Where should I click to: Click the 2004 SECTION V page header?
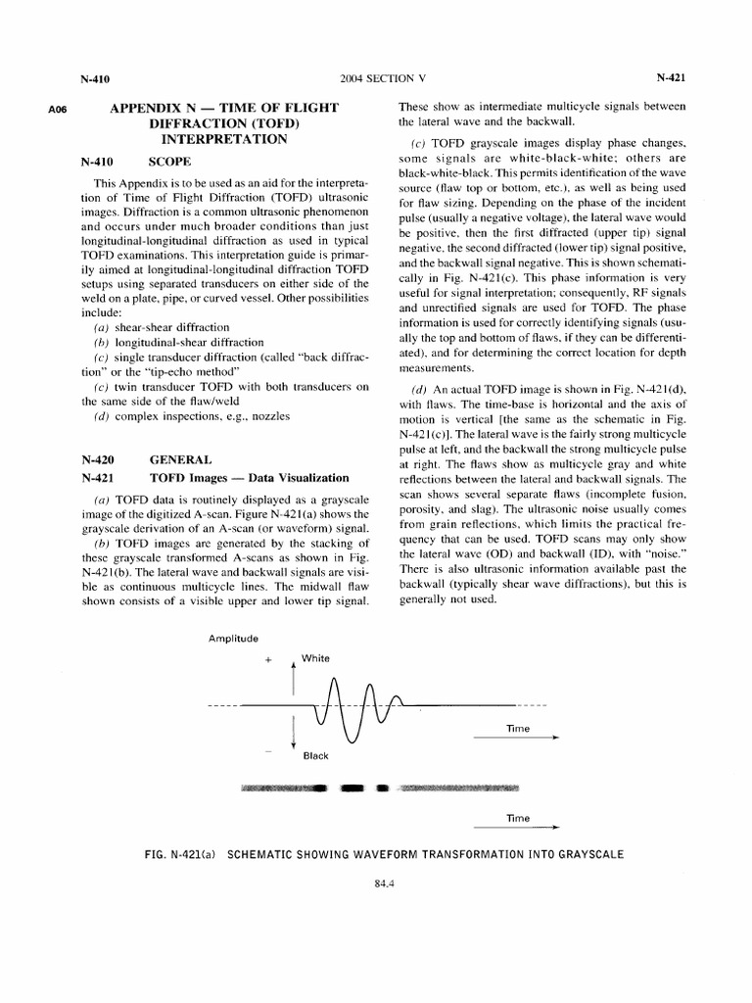pos(375,76)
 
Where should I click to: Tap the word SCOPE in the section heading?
pos(169,160)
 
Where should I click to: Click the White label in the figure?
pos(316,658)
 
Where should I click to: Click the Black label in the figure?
pos(316,755)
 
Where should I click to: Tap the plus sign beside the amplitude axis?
pos(267,661)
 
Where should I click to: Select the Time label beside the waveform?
pos(517,730)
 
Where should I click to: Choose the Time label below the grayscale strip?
pos(517,818)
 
